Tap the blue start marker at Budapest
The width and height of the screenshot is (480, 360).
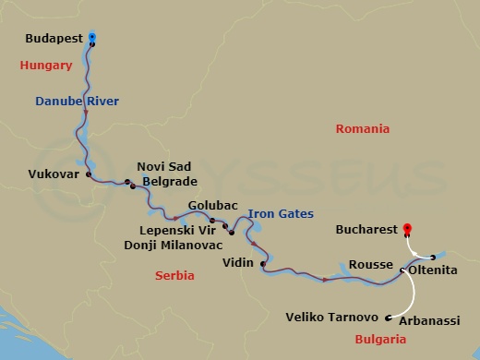(92, 38)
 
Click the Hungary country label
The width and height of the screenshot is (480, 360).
(46, 66)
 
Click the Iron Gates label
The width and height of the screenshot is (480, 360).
(280, 212)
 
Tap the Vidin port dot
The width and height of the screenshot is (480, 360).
(263, 265)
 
